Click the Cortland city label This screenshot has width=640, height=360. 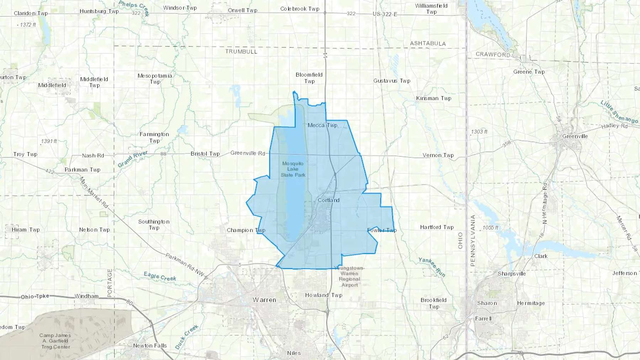click(329, 200)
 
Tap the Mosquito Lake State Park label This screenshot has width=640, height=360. click(293, 169)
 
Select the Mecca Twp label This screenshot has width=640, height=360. click(322, 125)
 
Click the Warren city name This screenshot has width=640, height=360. click(264, 300)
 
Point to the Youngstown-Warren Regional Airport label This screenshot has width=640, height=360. click(350, 276)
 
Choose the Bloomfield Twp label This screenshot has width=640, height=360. click(309, 78)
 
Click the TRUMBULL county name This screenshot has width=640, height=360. click(241, 52)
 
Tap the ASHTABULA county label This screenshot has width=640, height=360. click(428, 43)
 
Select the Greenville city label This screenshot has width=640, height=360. click(575, 136)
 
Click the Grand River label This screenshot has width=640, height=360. click(133, 159)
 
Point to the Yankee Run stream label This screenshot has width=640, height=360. click(432, 267)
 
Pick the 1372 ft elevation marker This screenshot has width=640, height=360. click(28, 25)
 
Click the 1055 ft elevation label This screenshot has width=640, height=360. click(490, 227)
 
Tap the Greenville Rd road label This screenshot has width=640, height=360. click(248, 153)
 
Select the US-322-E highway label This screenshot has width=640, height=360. click(385, 14)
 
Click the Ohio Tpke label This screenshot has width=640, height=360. click(35, 296)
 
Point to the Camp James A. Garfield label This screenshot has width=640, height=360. click(55, 341)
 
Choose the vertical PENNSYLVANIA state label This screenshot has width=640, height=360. click(473, 241)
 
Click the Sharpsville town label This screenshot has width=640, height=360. click(512, 274)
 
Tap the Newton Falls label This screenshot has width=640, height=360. click(150, 345)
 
